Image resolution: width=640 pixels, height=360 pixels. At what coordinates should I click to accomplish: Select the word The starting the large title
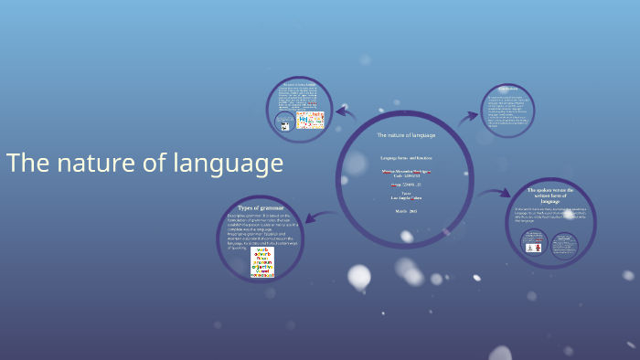[x=27, y=164]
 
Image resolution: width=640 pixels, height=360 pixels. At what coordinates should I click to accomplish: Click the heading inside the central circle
[x=406, y=135]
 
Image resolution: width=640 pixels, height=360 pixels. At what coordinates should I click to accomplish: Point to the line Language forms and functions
[x=406, y=158]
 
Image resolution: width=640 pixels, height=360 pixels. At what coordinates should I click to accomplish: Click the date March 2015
[x=406, y=211]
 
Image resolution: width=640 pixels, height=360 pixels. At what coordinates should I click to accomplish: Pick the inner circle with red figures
[x=533, y=244]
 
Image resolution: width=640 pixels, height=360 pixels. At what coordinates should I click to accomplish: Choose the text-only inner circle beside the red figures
[x=566, y=244]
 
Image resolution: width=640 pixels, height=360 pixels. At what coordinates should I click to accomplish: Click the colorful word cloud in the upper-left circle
[x=311, y=119]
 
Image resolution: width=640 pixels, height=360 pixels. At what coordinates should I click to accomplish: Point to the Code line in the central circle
[x=406, y=175]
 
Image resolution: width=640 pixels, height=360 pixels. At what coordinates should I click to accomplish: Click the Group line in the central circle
[x=406, y=185]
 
